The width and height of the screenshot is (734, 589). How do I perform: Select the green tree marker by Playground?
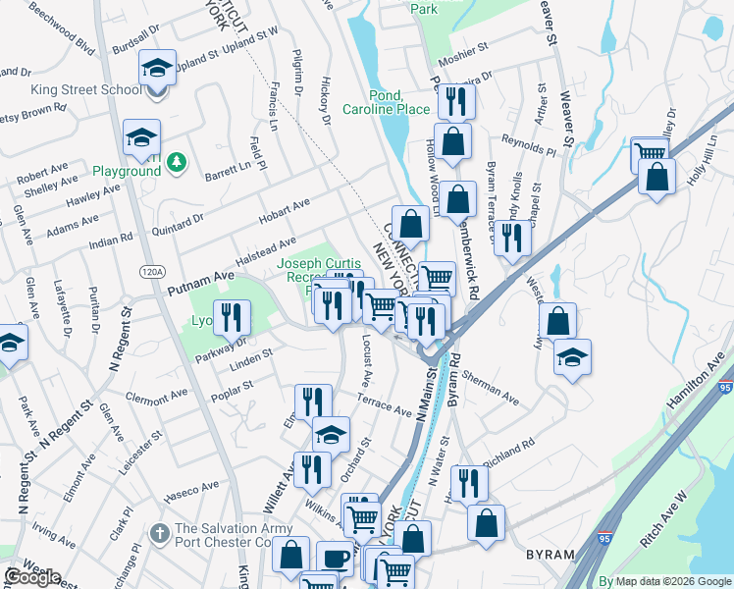[177, 162]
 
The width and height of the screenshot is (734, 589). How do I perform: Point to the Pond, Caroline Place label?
[386, 102]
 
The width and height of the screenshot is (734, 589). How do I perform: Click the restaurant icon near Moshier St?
[456, 101]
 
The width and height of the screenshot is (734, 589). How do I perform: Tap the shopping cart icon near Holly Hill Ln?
[650, 154]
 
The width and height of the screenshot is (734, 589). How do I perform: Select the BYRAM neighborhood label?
[550, 555]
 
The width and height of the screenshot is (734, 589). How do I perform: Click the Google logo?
[32, 577]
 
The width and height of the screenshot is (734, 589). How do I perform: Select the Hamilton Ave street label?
[698, 383]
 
